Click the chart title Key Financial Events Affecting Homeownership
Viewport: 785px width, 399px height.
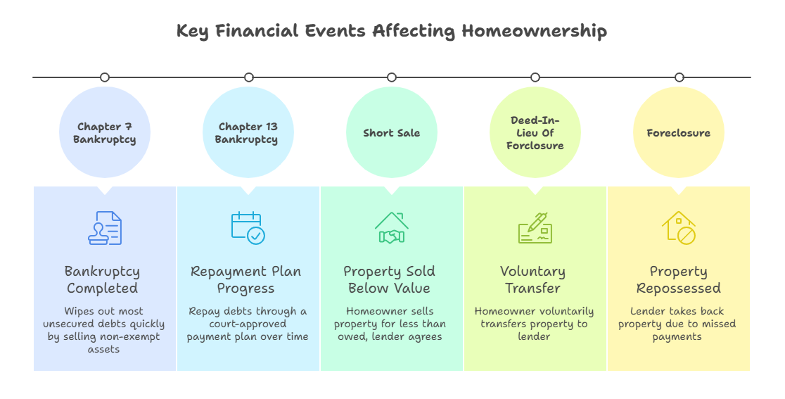pos(392,31)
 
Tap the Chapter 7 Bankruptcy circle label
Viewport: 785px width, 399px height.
pos(105,133)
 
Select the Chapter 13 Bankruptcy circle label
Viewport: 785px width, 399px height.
pos(248,133)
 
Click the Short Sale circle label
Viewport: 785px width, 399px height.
pos(392,133)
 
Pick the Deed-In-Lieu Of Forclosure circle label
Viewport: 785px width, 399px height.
pos(535,133)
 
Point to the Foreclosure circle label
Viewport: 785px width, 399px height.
pos(679,133)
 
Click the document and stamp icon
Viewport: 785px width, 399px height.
pos(105,229)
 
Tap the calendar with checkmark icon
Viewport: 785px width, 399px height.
pos(248,229)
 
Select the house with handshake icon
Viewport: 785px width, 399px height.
pos(392,229)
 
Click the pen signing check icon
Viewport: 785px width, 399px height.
pos(535,229)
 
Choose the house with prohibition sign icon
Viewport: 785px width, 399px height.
pos(679,229)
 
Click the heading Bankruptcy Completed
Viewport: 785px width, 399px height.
pos(103,279)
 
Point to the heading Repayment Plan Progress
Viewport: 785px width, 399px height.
pos(246,279)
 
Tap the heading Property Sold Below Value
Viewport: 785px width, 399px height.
pos(390,279)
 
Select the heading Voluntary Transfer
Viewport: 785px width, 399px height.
pos(533,279)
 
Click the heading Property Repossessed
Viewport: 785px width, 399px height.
pos(679,279)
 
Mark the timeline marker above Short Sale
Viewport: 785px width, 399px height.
pos(392,77)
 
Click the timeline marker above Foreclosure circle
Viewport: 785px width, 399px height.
pos(679,77)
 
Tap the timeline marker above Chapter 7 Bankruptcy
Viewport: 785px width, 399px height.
pos(105,77)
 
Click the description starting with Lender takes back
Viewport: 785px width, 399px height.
pos(677,324)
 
